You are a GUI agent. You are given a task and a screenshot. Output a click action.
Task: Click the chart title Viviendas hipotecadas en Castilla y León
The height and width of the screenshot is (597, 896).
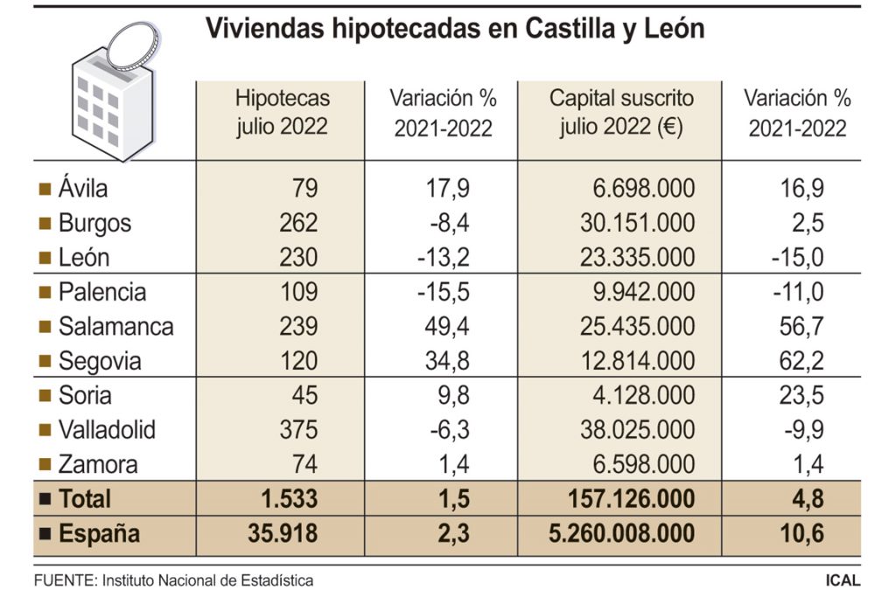point(454,29)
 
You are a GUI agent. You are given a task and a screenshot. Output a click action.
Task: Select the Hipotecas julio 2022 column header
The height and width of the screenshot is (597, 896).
point(282,112)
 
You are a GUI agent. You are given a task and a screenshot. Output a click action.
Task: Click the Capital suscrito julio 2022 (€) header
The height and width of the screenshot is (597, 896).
point(620,112)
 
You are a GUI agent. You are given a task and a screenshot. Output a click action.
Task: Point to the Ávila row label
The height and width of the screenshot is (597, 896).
point(83,188)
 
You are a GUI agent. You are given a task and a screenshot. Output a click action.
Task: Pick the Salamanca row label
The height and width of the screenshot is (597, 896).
point(115,327)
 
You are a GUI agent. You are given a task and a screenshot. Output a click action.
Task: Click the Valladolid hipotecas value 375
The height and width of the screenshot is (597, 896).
point(299,430)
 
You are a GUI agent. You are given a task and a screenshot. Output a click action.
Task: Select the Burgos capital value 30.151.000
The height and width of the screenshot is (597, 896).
point(637,223)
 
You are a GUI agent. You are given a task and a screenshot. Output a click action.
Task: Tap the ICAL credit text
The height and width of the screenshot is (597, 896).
point(842,580)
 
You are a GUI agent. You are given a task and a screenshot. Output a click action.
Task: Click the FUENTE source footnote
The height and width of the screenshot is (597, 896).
point(173,580)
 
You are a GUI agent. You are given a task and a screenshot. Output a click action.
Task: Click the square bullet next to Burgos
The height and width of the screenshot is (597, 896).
point(45,224)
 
